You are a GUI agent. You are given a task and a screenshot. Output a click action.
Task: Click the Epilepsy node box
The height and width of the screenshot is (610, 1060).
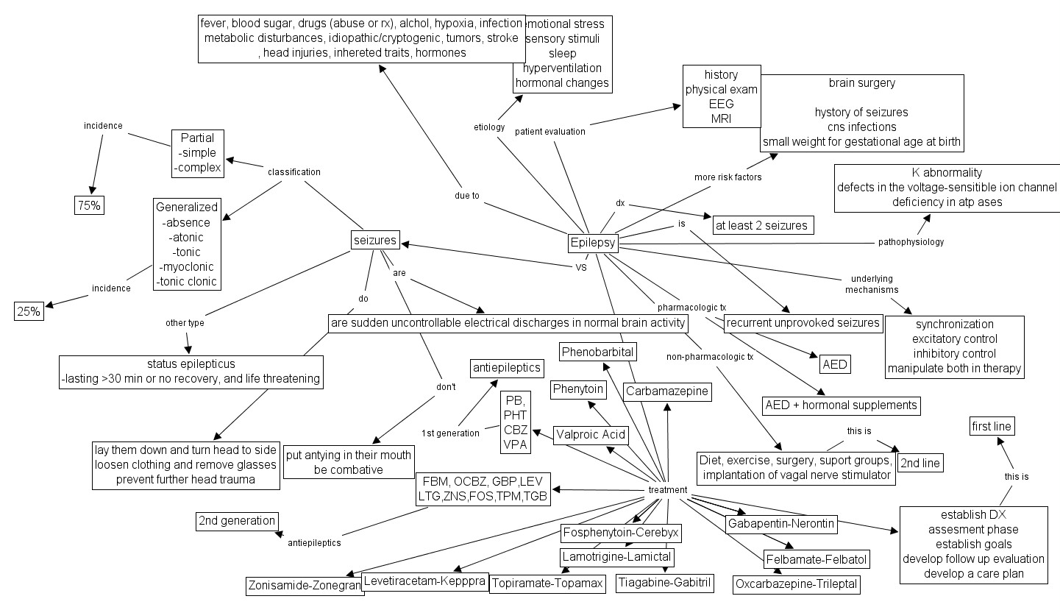(593, 243)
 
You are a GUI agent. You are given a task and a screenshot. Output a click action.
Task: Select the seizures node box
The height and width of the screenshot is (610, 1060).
(375, 240)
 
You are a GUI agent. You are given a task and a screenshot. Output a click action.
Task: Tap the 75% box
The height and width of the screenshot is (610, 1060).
(90, 206)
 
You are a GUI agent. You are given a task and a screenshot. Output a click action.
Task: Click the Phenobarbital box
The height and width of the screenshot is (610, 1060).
(597, 352)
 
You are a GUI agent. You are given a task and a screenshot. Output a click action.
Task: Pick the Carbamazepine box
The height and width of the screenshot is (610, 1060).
(668, 391)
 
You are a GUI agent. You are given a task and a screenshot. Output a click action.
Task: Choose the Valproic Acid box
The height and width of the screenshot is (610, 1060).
(591, 435)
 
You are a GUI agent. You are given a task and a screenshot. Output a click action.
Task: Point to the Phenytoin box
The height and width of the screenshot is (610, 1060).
(578, 389)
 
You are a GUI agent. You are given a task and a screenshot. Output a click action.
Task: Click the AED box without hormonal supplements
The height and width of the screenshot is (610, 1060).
(835, 365)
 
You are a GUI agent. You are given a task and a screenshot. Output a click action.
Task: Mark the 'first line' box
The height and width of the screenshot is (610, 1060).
(992, 426)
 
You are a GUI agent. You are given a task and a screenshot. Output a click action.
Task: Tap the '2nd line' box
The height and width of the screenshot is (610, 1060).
(920, 463)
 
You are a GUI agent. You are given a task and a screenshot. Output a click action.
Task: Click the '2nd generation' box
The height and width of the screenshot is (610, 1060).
(237, 521)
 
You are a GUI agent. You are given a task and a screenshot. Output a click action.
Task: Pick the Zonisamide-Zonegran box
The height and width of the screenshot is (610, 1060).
(305, 586)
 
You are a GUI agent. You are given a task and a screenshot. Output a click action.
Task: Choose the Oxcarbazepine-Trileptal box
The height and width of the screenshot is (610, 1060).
(797, 585)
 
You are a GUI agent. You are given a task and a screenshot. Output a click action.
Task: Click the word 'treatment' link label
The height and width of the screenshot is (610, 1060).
(668, 490)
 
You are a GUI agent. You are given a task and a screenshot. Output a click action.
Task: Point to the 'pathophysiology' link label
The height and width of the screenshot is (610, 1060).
(911, 241)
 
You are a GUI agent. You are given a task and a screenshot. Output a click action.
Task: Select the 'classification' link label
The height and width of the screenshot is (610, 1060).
(294, 172)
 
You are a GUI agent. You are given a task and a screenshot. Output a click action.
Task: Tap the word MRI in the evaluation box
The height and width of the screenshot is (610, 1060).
(721, 118)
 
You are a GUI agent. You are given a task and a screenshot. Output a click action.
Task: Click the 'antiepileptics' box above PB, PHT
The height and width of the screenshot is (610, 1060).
(508, 367)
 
